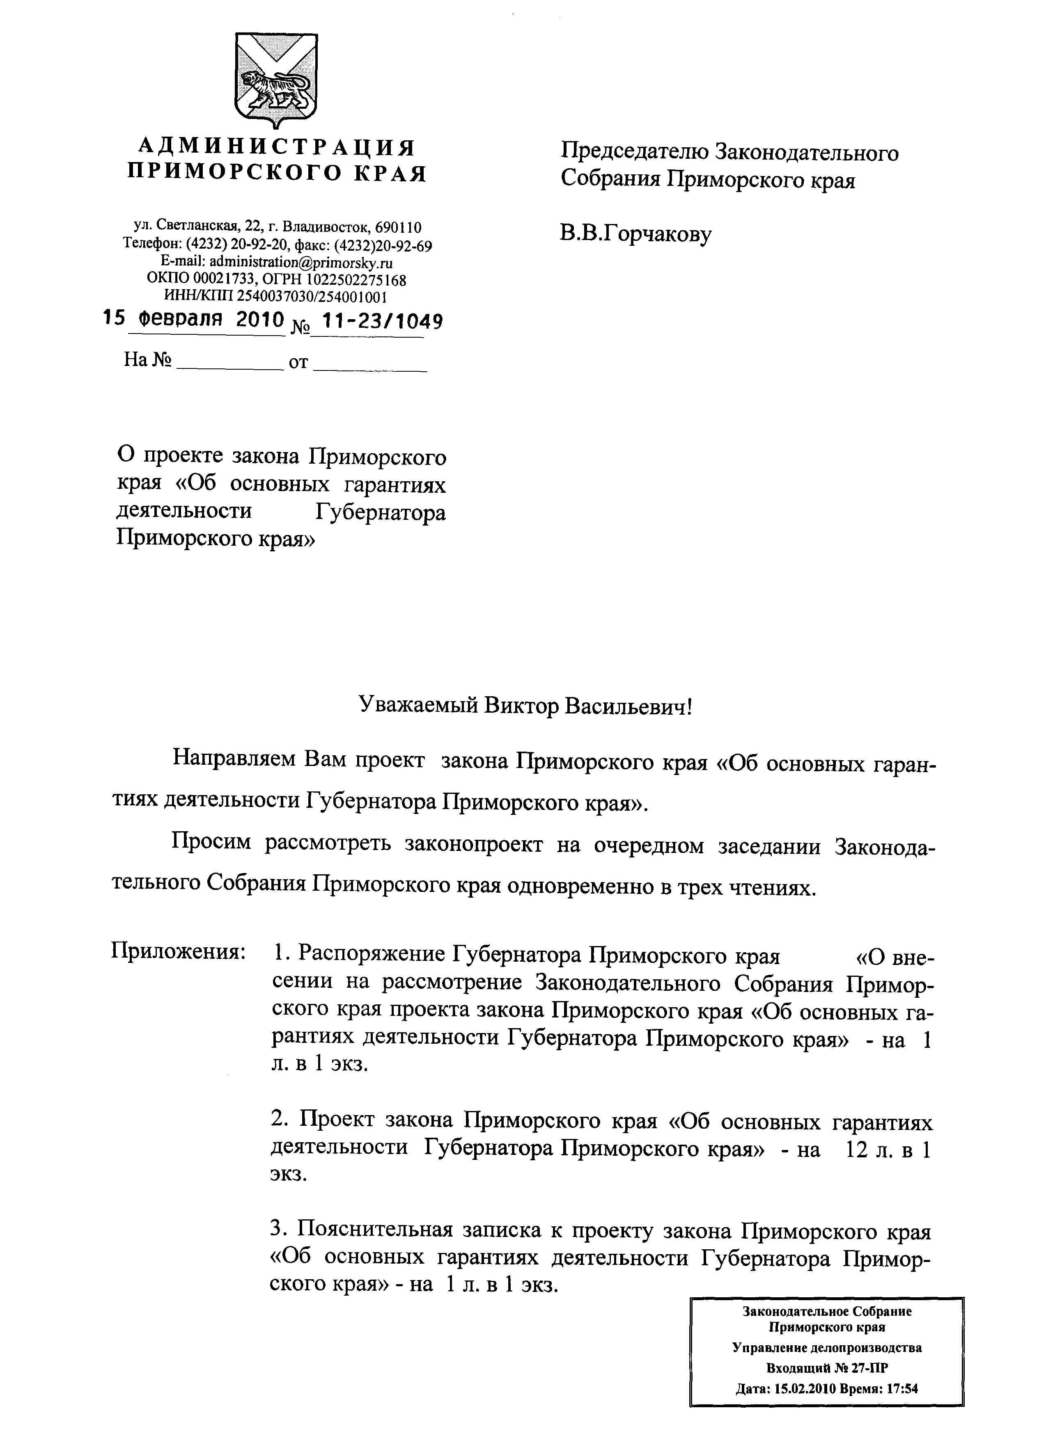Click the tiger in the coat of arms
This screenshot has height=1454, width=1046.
coord(278,88)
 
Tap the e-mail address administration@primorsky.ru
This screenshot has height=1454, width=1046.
coord(301,262)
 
